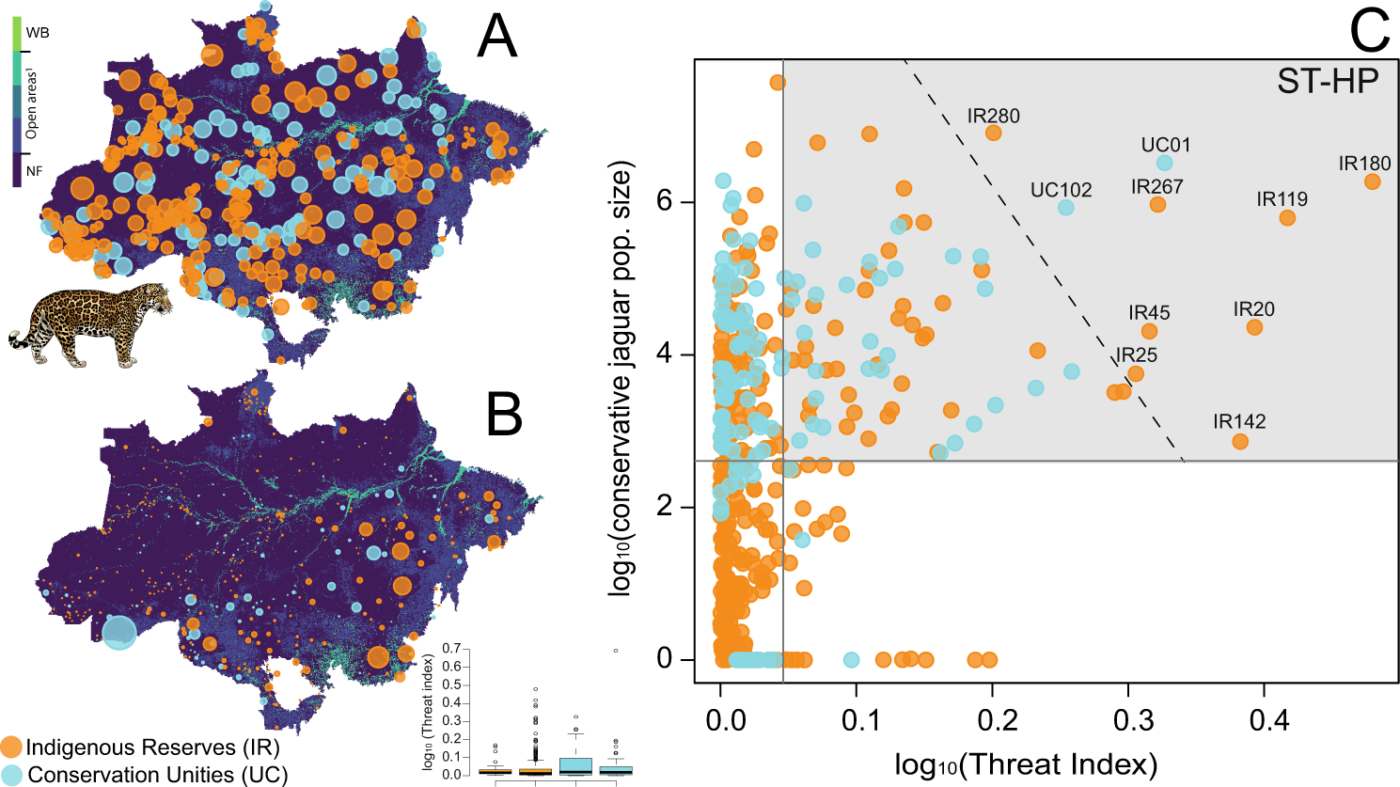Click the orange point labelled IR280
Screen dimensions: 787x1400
[993, 133]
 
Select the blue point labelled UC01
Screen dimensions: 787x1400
[1165, 163]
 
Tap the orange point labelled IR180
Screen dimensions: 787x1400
[1372, 181]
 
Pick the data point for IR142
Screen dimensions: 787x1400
[1240, 441]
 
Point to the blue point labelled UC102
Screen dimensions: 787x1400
[1065, 207]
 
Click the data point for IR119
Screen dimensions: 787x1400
[1287, 218]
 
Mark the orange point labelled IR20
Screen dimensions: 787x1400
[1254, 327]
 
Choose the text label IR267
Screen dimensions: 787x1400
[1156, 187]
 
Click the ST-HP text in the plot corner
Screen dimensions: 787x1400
[1327, 82]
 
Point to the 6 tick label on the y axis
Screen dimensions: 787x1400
[663, 203]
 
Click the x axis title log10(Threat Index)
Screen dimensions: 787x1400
[1026, 764]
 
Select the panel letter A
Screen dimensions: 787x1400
[496, 38]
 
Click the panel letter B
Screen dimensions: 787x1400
[504, 415]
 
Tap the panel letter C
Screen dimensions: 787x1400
[1369, 30]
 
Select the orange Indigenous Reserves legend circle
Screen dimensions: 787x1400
[11, 748]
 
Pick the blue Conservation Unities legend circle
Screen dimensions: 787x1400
[11, 774]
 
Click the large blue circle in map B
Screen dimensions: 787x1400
[119, 632]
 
